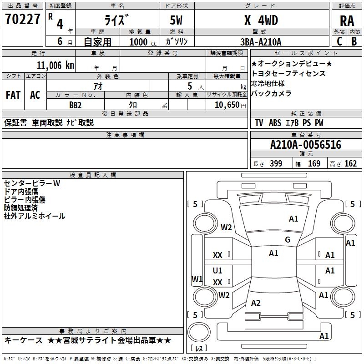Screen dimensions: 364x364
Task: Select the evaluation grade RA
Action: click(x=347, y=20)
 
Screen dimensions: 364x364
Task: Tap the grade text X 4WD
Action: click(x=261, y=20)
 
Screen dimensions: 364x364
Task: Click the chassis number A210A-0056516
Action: click(x=305, y=145)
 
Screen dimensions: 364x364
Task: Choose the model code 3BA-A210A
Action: click(x=261, y=42)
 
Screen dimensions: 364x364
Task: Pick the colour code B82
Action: click(x=76, y=105)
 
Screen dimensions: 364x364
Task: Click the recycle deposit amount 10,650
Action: click(x=226, y=105)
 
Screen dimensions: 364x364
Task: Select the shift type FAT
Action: click(x=13, y=95)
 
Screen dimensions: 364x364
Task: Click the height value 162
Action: click(x=350, y=164)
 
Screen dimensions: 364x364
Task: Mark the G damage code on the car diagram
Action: click(x=287, y=240)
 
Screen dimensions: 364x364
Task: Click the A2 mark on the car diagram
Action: click(x=256, y=303)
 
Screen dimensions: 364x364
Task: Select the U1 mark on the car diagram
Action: click(x=217, y=271)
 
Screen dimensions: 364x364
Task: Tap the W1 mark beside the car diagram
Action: click(x=197, y=279)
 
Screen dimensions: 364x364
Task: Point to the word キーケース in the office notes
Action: click(x=23, y=340)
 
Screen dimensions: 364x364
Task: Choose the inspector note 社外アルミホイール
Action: click(x=35, y=216)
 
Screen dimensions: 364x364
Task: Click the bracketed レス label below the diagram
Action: click(x=199, y=349)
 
